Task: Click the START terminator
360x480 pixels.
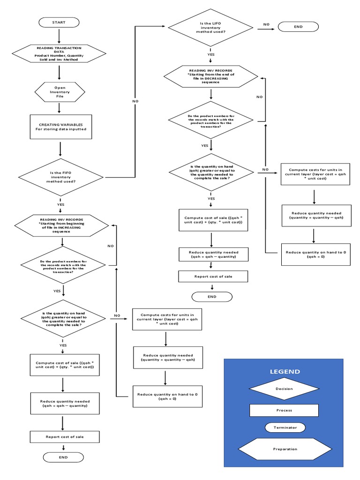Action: (59, 22)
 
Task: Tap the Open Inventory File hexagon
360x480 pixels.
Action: (60, 91)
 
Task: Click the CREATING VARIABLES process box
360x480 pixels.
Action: (60, 127)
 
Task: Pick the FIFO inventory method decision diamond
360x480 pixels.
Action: (61, 177)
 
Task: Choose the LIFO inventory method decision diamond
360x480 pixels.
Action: (210, 27)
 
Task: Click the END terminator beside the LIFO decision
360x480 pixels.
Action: (298, 27)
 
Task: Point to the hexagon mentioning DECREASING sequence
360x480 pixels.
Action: (211, 76)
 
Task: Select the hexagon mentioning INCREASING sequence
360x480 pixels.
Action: (61, 225)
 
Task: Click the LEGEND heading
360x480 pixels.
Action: (285, 371)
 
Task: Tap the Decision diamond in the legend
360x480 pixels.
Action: (284, 389)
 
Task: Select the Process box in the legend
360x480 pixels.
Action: (284, 410)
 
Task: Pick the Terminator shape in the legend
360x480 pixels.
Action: (284, 427)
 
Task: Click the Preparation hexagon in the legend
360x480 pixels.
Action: (285, 449)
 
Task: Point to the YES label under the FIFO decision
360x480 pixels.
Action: (61, 204)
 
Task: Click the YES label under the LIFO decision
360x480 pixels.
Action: (211, 54)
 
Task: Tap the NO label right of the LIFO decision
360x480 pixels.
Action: (266, 24)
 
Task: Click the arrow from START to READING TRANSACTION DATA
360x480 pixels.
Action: (59, 36)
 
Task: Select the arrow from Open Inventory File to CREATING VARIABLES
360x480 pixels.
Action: (60, 108)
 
